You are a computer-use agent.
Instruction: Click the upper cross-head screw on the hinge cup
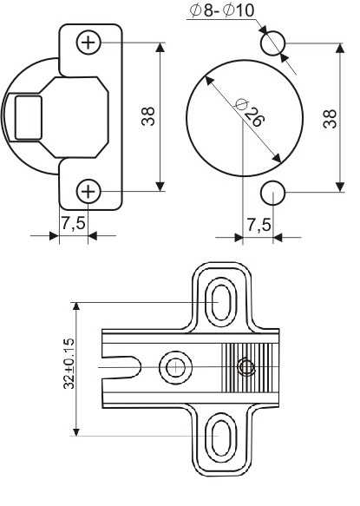pyautogui.click(x=88, y=43)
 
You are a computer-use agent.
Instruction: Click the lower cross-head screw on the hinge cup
pyautogui.click(x=88, y=192)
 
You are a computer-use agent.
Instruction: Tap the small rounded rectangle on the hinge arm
pyautogui.click(x=29, y=118)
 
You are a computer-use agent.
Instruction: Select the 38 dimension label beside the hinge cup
pyautogui.click(x=148, y=116)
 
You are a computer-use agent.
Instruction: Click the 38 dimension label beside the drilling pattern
pyautogui.click(x=330, y=119)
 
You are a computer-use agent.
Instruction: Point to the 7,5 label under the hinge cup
pyautogui.click(x=74, y=223)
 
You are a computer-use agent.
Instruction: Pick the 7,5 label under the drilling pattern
pyautogui.click(x=259, y=225)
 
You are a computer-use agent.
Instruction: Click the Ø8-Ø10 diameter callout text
pyautogui.click(x=222, y=11)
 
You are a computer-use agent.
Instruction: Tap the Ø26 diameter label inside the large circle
pyautogui.click(x=251, y=112)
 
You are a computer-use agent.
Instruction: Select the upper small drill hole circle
pyautogui.click(x=273, y=43)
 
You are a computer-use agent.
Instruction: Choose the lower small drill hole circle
pyautogui.click(x=273, y=193)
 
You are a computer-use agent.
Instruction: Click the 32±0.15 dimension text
pyautogui.click(x=69, y=364)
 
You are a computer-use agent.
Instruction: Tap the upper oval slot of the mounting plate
pyautogui.click(x=221, y=302)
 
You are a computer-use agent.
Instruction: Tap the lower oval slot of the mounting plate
pyautogui.click(x=221, y=437)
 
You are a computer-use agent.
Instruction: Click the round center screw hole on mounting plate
pyautogui.click(x=175, y=367)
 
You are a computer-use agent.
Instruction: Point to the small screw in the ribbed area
pyautogui.click(x=246, y=367)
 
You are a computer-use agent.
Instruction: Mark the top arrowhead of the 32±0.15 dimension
pyautogui.click(x=76, y=306)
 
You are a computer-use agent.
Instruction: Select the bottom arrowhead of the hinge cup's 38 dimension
pyautogui.click(x=160, y=187)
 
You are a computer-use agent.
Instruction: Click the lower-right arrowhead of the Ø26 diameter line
pyautogui.click(x=277, y=158)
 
